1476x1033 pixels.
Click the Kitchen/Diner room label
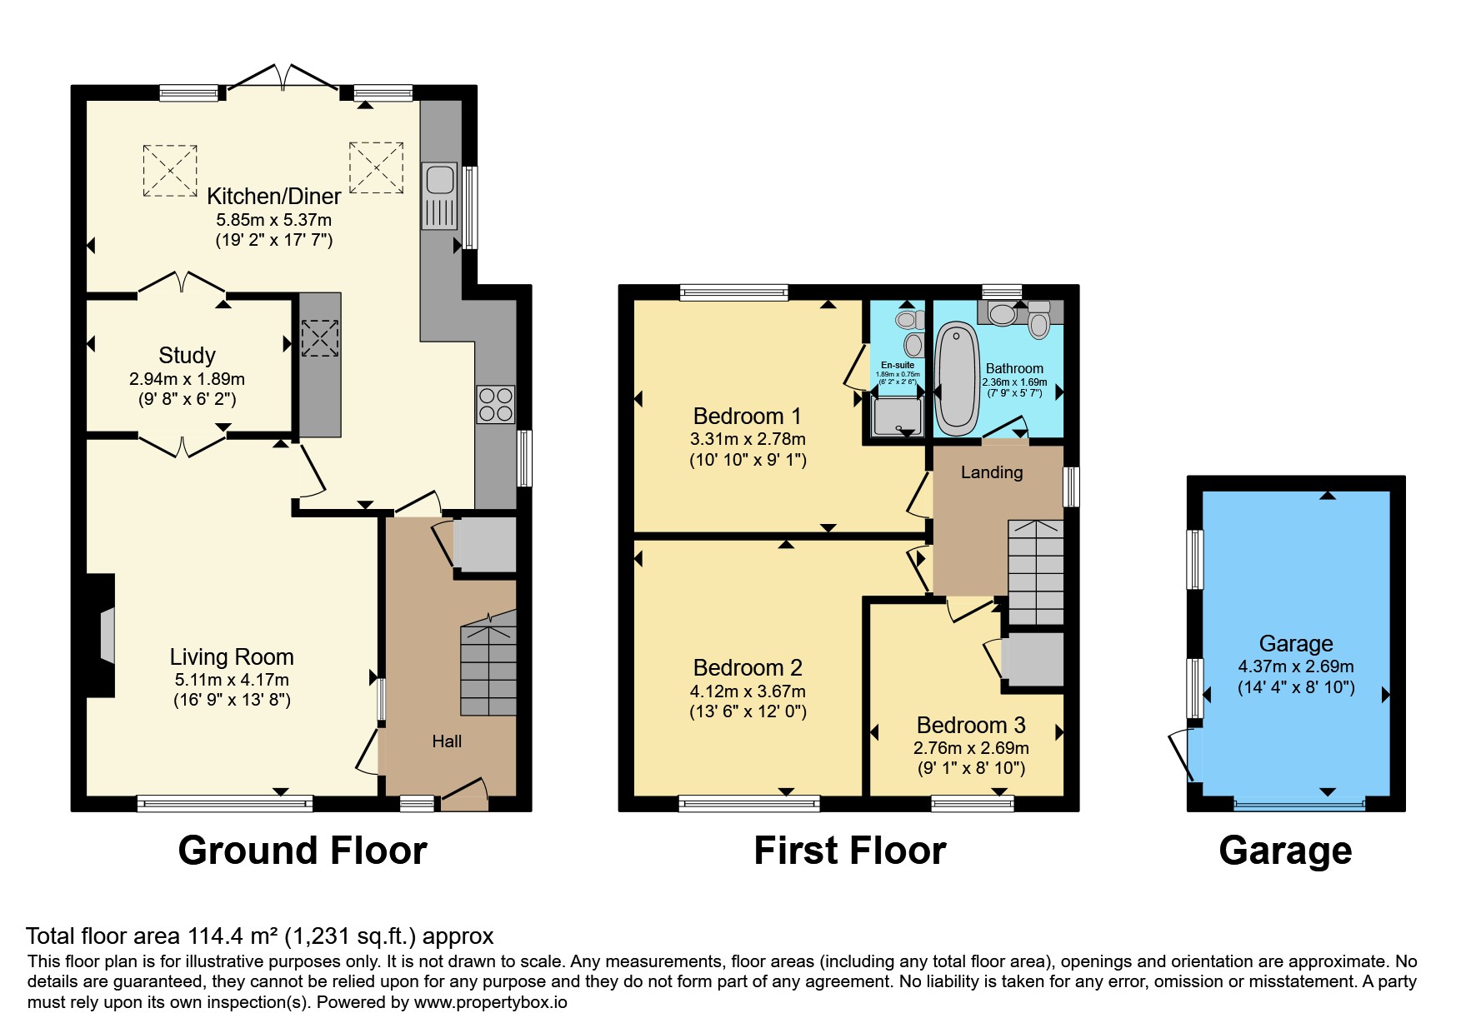point(273,196)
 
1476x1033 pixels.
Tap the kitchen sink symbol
point(439,196)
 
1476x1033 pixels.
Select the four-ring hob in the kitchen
point(495,405)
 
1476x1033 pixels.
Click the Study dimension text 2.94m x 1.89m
point(187,379)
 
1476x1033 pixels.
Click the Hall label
point(447,741)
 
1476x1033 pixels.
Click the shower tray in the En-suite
point(898,415)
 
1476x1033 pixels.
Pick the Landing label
point(992,472)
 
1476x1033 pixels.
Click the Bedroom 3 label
point(971,725)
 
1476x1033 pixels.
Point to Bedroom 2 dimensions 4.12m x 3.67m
point(748,691)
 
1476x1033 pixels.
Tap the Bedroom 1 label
point(748,416)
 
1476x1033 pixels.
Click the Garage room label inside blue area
point(1296,643)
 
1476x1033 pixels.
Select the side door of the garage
point(1183,755)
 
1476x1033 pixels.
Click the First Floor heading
point(849,851)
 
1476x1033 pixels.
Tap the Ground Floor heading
point(303,851)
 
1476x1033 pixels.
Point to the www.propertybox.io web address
point(490,1002)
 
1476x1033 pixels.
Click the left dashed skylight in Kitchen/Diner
point(170,171)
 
